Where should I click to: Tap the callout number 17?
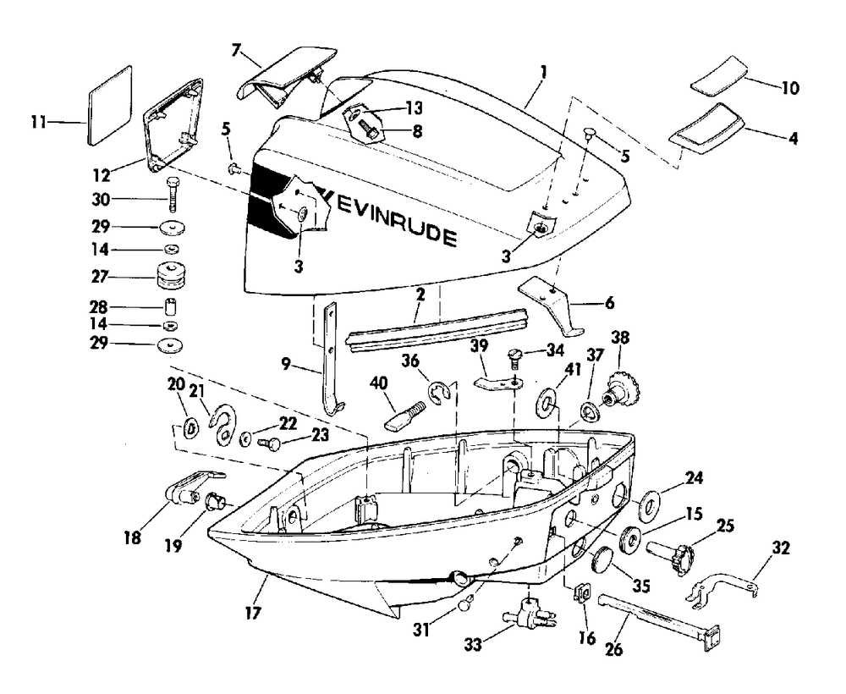pyautogui.click(x=252, y=613)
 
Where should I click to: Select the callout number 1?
pyautogui.click(x=543, y=71)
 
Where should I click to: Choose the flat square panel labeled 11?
pyautogui.click(x=109, y=105)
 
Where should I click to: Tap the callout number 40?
pyautogui.click(x=378, y=383)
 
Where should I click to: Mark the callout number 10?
pyautogui.click(x=790, y=87)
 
